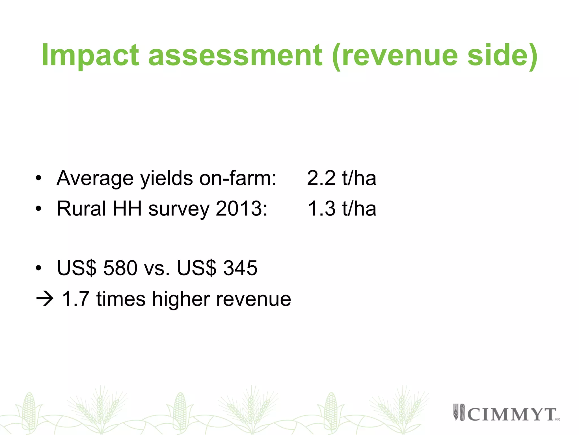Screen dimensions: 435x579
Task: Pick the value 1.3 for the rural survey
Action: tap(321, 209)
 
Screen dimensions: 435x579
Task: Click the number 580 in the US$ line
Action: tap(120, 268)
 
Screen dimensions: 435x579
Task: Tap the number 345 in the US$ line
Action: tap(240, 268)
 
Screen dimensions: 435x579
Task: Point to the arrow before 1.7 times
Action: tap(45, 299)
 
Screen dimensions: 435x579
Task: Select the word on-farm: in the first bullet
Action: tap(238, 178)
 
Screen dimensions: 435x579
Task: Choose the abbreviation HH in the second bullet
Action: tap(127, 209)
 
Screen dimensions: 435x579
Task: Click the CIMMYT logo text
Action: tap(512, 415)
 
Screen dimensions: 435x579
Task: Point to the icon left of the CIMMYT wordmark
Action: tap(459, 412)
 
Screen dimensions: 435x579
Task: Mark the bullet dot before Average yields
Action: tap(38, 178)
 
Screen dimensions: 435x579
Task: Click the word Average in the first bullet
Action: tap(95, 178)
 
